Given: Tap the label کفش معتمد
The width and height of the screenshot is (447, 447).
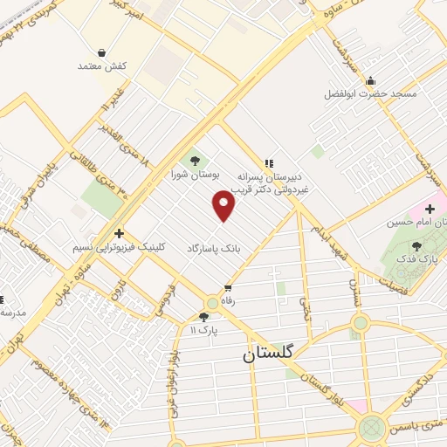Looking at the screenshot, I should [x=103, y=66].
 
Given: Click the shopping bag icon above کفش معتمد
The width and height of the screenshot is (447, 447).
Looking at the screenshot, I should [x=103, y=52].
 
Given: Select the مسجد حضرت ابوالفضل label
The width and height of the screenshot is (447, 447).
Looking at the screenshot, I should [x=370, y=93].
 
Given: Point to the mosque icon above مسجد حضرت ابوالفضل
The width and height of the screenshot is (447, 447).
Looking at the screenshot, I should [x=371, y=79].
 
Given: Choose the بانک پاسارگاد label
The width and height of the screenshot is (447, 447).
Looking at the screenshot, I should [x=211, y=249].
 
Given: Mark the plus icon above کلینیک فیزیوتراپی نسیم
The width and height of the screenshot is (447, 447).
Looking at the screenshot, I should [x=119, y=233].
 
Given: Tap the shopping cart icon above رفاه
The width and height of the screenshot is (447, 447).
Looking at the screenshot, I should [x=228, y=286].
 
